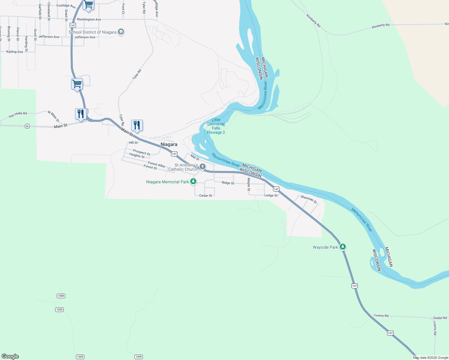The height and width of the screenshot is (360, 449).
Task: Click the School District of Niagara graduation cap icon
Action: (121, 32)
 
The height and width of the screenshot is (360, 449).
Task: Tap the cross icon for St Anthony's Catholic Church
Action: (203, 167)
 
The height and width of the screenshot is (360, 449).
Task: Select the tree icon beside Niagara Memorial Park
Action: (193, 181)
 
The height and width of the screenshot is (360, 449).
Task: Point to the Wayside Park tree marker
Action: (343, 247)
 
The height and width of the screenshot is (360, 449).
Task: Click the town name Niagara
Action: (169, 145)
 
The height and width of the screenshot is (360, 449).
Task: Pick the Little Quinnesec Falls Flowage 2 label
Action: (216, 126)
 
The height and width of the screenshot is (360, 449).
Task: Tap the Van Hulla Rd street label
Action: (18, 114)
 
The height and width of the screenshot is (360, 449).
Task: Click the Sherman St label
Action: (309, 199)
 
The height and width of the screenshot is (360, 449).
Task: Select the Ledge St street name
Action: (271, 195)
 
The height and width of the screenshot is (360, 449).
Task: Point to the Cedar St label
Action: (206, 196)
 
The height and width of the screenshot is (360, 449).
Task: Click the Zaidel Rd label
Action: (440, 318)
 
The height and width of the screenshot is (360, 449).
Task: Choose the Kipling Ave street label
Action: (15, 52)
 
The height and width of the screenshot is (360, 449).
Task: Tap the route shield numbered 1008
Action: (61, 296)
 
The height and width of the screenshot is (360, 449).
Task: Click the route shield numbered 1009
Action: (138, 357)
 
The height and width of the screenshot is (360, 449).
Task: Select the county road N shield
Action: (27, 126)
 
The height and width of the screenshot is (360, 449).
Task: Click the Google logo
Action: (10, 356)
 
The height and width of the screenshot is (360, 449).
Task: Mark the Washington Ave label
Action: (89, 19)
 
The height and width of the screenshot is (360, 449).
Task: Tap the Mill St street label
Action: (195, 157)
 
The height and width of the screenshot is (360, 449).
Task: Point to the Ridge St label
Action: (228, 183)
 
